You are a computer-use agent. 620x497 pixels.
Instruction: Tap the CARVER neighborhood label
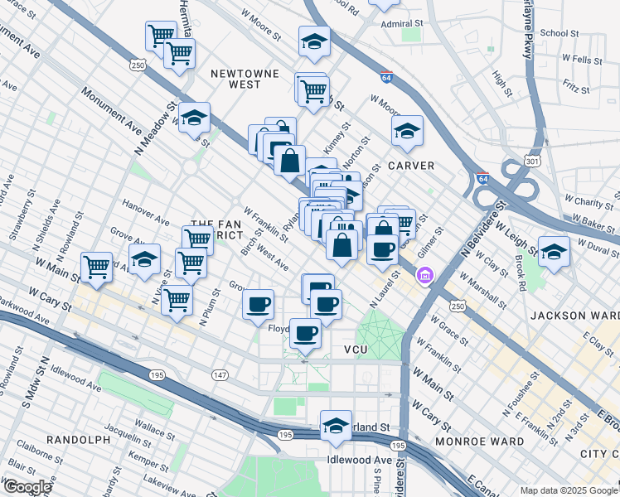pos(411,166)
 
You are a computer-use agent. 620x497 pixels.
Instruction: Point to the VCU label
pos(361,350)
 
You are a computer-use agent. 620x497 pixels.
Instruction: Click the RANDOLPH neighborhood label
pos(79,439)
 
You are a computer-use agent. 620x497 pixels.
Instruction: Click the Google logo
pos(27,487)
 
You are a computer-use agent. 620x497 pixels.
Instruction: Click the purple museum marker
pos(425,275)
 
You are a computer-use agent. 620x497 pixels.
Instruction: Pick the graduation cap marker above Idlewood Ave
pos(336,425)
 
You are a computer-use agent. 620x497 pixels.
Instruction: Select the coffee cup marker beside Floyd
pos(306,332)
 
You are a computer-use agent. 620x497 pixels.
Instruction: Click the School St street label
pos(559,33)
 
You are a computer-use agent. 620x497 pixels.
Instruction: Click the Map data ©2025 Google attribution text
pos(569,490)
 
